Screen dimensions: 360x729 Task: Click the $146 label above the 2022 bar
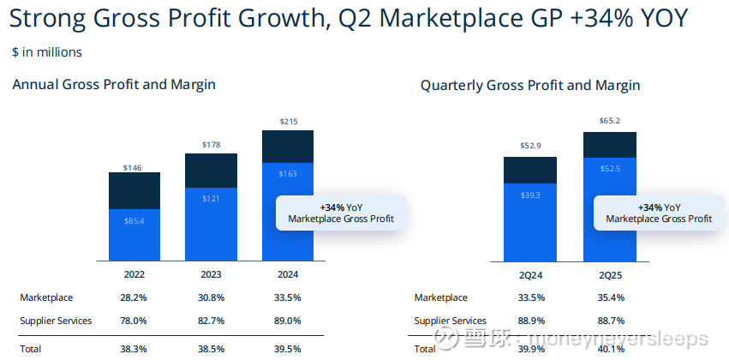134,167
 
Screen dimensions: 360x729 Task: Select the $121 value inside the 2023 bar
211,199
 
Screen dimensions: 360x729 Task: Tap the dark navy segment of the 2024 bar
288,145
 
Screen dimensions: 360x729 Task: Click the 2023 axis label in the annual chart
211,275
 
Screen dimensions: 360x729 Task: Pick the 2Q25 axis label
609,275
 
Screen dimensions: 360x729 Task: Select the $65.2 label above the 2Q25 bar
609,121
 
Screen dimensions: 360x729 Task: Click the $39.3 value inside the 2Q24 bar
530,195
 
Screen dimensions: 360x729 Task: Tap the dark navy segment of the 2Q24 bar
530,170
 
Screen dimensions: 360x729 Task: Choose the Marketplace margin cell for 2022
134,297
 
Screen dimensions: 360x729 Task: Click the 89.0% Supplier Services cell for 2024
288,321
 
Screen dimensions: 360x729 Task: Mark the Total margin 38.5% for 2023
211,349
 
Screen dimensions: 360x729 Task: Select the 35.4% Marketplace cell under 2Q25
609,297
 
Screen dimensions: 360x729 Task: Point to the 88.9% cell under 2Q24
530,321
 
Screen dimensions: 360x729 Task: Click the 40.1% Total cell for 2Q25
609,349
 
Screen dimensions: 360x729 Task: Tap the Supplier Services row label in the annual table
56,321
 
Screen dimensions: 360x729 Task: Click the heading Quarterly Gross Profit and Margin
530,86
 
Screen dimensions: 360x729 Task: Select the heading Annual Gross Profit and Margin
114,84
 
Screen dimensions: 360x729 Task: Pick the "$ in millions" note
47,52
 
